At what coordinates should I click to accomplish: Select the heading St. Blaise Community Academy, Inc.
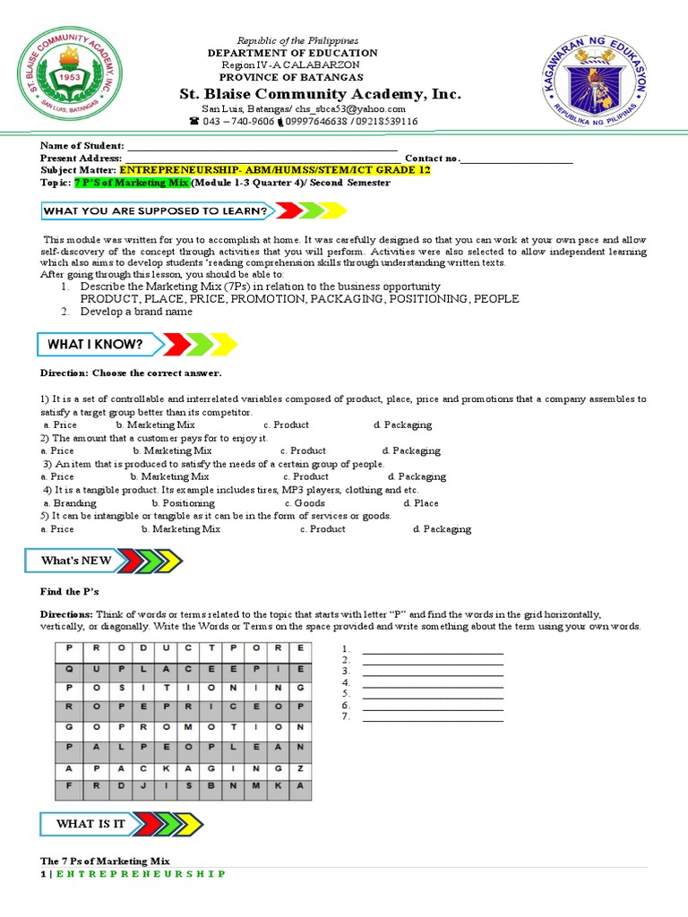point(320,94)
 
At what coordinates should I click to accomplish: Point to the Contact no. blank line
point(517,159)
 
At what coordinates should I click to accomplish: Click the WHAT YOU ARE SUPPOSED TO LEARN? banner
point(158,211)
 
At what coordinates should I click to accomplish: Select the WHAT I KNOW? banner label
point(96,344)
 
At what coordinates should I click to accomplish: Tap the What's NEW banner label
point(76,561)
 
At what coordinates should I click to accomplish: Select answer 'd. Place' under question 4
point(420,503)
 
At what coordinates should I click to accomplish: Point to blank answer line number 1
point(432,651)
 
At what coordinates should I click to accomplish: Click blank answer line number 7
point(432,717)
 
